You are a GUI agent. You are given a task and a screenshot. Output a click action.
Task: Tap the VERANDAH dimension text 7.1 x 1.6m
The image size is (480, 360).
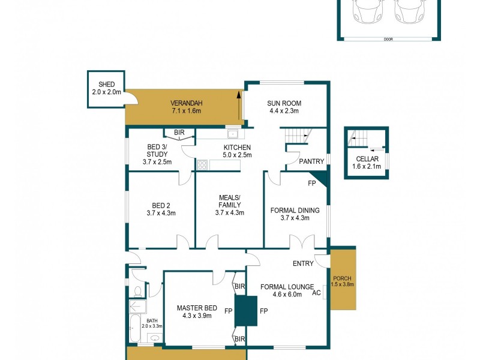185,111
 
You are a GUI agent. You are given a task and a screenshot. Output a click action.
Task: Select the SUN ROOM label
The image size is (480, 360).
283,103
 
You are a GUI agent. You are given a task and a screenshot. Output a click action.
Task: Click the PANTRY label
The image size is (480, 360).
311,161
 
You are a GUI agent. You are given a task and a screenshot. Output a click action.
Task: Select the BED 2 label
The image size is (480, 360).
159,204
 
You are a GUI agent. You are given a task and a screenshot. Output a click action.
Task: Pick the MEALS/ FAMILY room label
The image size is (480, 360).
229,201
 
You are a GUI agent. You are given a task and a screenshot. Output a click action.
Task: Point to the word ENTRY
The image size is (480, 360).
304,264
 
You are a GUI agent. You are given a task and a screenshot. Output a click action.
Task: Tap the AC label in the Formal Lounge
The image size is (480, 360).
317,293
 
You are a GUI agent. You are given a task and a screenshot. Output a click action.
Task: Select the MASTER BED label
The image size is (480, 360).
194,308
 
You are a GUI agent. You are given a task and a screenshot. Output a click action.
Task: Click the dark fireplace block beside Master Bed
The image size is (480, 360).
245,311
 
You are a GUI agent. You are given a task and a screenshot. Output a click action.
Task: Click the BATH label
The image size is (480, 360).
152,321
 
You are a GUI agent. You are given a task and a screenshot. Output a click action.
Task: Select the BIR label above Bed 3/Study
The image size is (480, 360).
179,132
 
